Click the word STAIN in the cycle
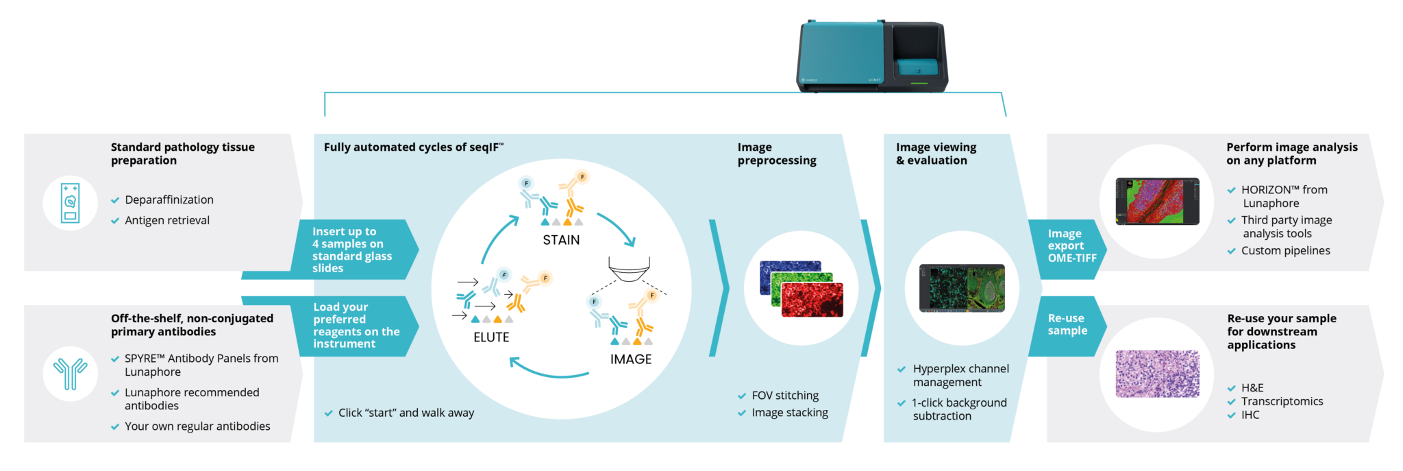click(x=561, y=240)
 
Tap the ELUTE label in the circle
click(x=491, y=337)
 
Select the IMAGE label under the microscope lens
click(x=631, y=359)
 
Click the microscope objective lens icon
click(x=629, y=269)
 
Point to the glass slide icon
click(x=70, y=203)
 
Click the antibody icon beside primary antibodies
click(x=70, y=374)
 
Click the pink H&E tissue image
click(x=1157, y=374)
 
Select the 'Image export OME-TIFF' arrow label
click(x=1071, y=246)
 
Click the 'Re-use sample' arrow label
click(x=1067, y=324)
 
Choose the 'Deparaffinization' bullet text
click(x=169, y=200)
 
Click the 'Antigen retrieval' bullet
click(x=167, y=221)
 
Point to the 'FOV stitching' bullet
click(x=785, y=396)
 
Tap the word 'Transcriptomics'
click(x=1282, y=402)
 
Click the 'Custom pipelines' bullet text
click(x=1285, y=251)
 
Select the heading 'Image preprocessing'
click(x=777, y=154)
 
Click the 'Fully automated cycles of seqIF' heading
click(x=413, y=147)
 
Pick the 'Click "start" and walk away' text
click(x=406, y=413)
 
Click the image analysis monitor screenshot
click(x=1157, y=202)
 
